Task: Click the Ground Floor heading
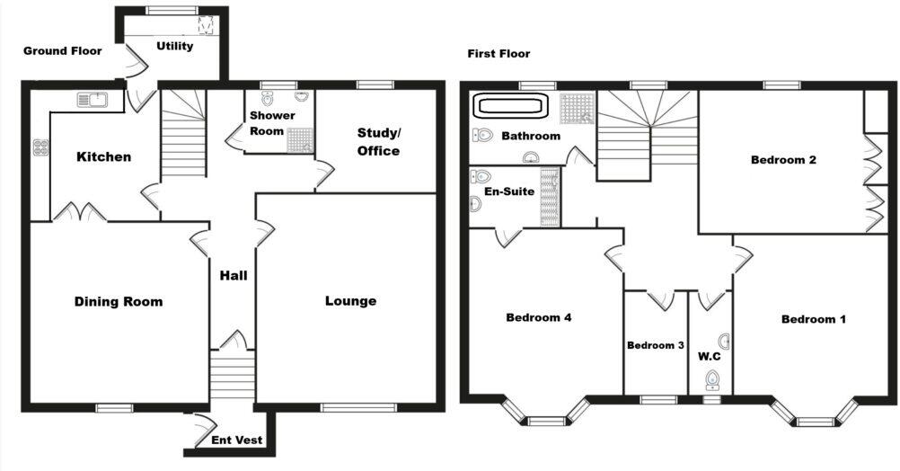click(x=62, y=51)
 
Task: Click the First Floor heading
click(x=499, y=54)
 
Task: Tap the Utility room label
click(x=174, y=46)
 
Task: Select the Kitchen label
click(x=103, y=157)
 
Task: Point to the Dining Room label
click(x=119, y=302)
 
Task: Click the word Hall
click(x=234, y=276)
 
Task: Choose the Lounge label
click(x=350, y=301)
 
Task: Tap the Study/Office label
click(x=378, y=142)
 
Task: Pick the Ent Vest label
click(x=237, y=440)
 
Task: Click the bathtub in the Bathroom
click(x=509, y=106)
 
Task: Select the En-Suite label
click(x=509, y=191)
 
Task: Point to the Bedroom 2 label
click(x=783, y=161)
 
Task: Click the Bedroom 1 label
click(x=813, y=319)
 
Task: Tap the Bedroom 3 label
click(x=656, y=346)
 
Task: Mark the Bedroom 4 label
click(x=539, y=317)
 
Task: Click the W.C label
click(x=709, y=357)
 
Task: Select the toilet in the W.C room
click(x=713, y=379)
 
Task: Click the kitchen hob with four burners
click(x=40, y=148)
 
